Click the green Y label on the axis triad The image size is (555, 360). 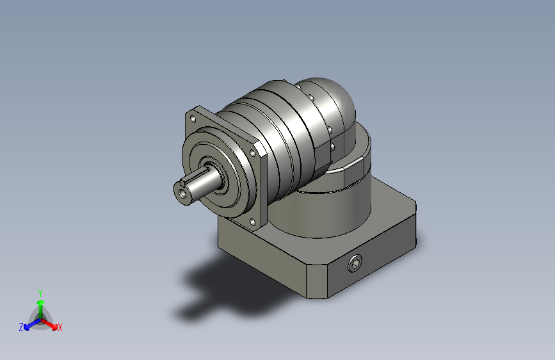[40, 291]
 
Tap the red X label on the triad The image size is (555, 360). [60, 327]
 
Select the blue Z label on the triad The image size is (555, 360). [21, 327]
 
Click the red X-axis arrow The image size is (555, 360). [51, 323]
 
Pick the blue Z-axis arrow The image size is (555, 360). [30, 323]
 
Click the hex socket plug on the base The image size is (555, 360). [355, 263]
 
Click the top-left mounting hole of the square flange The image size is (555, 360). [192, 119]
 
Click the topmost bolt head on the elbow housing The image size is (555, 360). [310, 97]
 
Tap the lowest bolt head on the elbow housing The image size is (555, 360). [333, 147]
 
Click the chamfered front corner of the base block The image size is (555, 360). [317, 279]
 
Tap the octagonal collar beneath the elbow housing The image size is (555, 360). [349, 170]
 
